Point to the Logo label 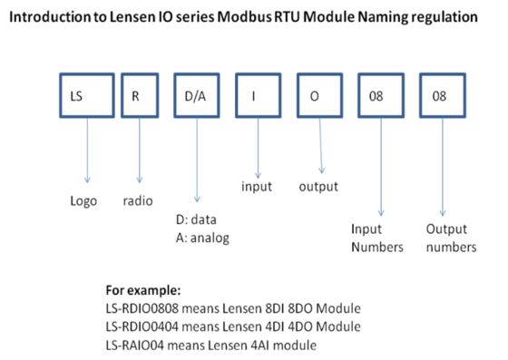pos(85,201)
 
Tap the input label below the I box pos(258,186)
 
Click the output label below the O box pos(318,186)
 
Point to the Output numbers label pos(450,238)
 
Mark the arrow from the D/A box pos(197,163)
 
